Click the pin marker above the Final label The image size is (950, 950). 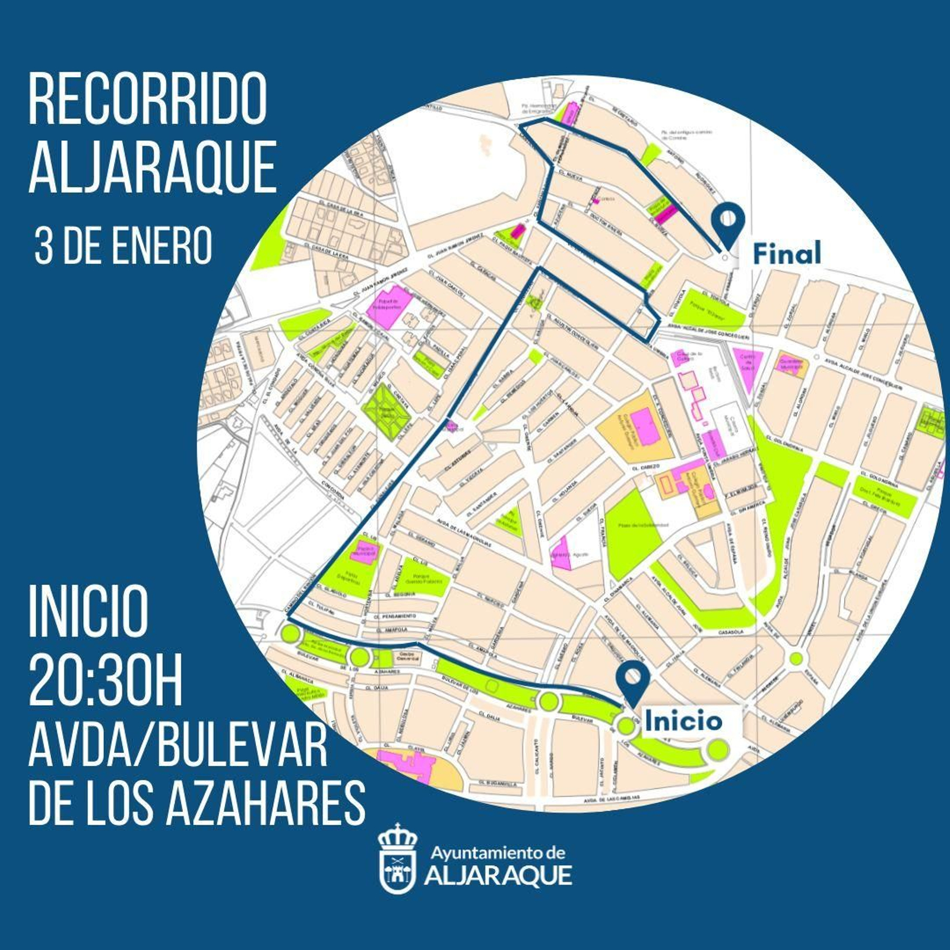pyautogui.click(x=729, y=223)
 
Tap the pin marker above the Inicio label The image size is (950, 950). pyautogui.click(x=631, y=680)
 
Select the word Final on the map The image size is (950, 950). pyautogui.click(x=787, y=254)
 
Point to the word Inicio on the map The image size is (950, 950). pyautogui.click(x=683, y=721)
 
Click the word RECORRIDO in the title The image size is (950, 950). pyautogui.click(x=148, y=99)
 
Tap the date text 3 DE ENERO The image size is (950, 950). pyautogui.click(x=123, y=245)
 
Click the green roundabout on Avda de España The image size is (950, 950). pyautogui.click(x=796, y=658)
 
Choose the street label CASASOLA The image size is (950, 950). pyautogui.click(x=731, y=632)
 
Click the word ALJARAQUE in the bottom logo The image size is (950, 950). pyautogui.click(x=498, y=875)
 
